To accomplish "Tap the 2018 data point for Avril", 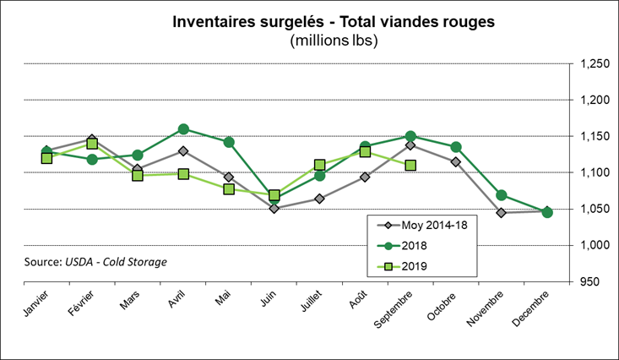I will click(x=183, y=129).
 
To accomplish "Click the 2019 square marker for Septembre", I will click(x=410, y=165).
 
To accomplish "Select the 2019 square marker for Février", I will click(x=92, y=144).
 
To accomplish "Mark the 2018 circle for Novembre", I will click(x=502, y=195).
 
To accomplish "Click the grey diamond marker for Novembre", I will click(x=502, y=213).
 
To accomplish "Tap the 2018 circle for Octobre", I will click(x=456, y=147).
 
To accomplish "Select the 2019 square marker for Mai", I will click(x=229, y=189).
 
